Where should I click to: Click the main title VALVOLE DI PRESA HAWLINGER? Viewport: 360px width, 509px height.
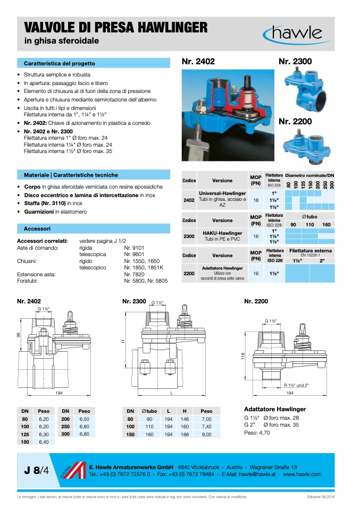116,27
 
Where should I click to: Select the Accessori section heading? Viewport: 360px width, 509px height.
37,228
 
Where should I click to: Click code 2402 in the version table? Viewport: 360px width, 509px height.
189,200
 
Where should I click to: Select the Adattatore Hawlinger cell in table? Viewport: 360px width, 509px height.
222,268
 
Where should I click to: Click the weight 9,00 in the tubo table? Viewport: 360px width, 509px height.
206,435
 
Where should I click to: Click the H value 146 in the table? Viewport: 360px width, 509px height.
185,419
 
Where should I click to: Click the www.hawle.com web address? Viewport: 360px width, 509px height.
302,474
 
